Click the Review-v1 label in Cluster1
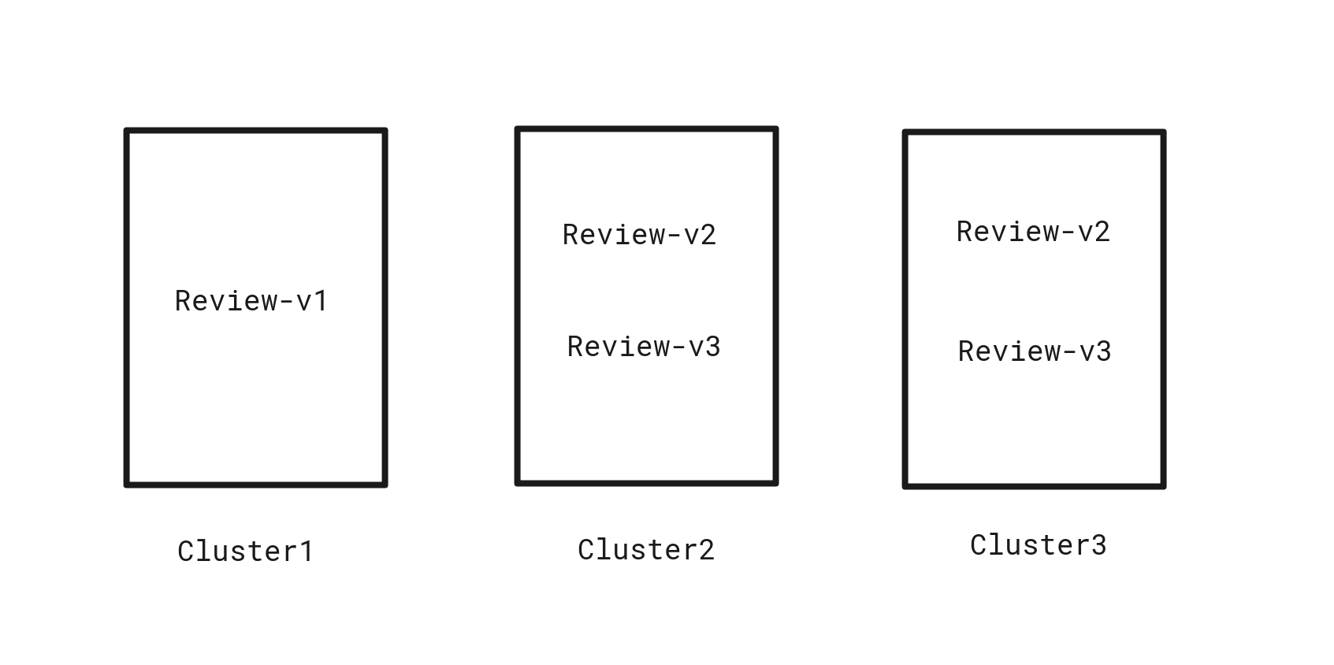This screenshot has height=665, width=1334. click(251, 300)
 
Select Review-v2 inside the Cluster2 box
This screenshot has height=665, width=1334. click(639, 234)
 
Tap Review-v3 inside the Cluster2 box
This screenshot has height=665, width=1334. click(644, 346)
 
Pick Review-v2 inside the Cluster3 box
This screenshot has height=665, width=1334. click(1033, 231)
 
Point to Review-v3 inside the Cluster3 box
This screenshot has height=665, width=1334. click(1035, 351)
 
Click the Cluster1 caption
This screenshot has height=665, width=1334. click(246, 551)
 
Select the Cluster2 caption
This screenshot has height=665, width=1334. click(646, 549)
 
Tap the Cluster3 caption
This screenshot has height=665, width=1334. click(1039, 544)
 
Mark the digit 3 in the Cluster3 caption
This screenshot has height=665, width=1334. click(1099, 544)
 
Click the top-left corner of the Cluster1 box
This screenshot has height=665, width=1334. click(127, 131)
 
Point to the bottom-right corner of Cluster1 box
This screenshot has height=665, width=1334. click(385, 484)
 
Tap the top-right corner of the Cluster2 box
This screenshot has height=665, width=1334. click(776, 129)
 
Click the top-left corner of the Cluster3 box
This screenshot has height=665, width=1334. click(905, 133)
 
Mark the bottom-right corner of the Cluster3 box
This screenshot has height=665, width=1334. click(1163, 485)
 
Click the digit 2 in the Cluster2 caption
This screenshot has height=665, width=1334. click(707, 549)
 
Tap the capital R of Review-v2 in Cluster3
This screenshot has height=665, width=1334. click(964, 231)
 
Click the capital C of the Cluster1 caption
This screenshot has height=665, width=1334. click(186, 551)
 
